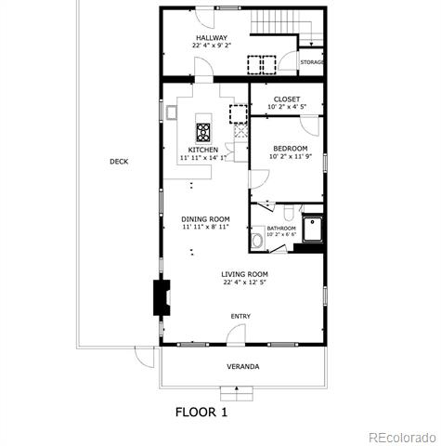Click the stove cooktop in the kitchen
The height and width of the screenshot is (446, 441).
click(203, 133)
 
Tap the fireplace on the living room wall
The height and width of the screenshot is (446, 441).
click(162, 297)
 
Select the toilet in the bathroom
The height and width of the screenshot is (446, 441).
click(289, 212)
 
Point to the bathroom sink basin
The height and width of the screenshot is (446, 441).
click(256, 241)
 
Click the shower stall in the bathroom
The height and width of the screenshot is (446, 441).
click(312, 229)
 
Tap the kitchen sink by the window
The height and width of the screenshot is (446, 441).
click(171, 112)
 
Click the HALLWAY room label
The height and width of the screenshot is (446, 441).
click(212, 38)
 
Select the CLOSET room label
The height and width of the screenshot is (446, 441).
click(287, 99)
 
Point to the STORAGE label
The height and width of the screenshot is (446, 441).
click(312, 62)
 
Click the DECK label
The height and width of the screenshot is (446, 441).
click(119, 162)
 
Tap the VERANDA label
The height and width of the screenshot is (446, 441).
click(243, 367)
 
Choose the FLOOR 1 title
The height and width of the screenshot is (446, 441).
click(201, 413)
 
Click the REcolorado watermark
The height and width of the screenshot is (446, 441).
click(402, 438)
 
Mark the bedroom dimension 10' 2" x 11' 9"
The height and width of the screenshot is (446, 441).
click(291, 156)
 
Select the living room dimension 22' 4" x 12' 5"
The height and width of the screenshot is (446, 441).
click(244, 282)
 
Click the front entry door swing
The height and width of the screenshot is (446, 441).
click(236, 334)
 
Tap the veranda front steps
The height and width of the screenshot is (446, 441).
click(237, 394)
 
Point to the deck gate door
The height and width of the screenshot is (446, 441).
click(145, 357)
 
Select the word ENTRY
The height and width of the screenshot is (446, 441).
click(240, 316)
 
